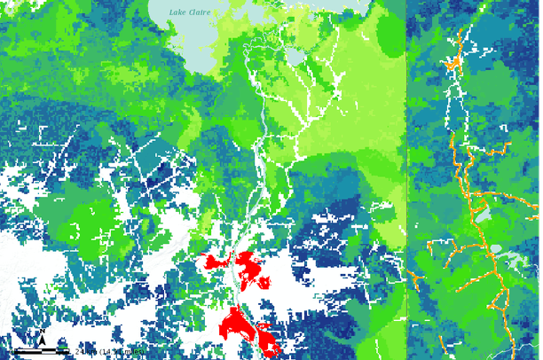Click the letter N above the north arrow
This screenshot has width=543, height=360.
(x=41, y=332)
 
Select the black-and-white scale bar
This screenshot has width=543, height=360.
(x=43, y=351)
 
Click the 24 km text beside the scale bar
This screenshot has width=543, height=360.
(x=87, y=351)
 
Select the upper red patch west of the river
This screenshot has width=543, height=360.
(x=213, y=262)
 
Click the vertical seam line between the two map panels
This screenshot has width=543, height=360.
(x=406, y=177)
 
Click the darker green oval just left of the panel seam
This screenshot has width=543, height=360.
(x=390, y=31)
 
